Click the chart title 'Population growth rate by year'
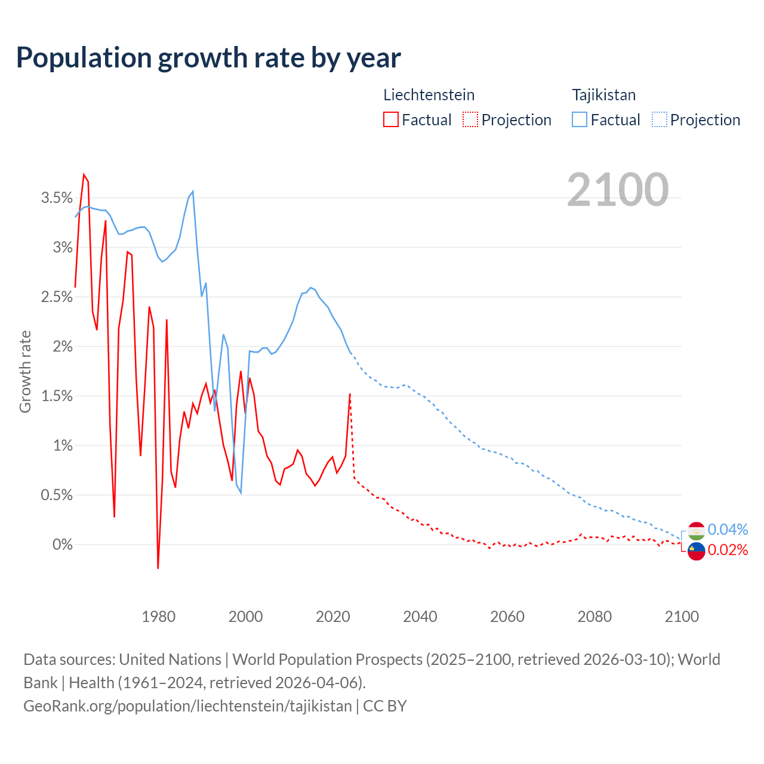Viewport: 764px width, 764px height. [x=208, y=58]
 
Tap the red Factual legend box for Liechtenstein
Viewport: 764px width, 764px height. [x=391, y=119]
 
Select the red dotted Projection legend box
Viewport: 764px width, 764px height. [x=470, y=119]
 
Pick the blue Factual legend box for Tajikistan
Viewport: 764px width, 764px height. [x=580, y=119]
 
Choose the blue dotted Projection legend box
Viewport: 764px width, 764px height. [x=659, y=119]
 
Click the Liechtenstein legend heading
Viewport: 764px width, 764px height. [x=429, y=95]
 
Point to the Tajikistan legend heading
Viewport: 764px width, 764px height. [x=603, y=95]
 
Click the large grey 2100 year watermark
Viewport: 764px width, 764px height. [x=617, y=190]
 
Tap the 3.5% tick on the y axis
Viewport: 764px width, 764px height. [x=57, y=198]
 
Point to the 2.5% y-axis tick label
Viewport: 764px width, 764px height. [x=57, y=297]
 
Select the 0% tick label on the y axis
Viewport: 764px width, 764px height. [x=62, y=545]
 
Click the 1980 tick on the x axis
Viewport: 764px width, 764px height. [x=159, y=617]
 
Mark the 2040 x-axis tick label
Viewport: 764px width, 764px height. [x=420, y=617]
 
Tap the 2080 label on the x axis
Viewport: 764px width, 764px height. [x=594, y=617]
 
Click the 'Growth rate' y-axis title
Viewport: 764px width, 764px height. [x=25, y=371]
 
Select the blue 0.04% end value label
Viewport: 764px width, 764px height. [x=728, y=529]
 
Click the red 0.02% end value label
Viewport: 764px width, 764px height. [x=728, y=550]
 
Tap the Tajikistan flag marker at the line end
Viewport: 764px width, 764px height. [x=697, y=531]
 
